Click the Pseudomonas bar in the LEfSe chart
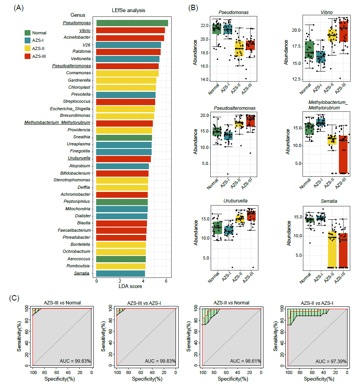pos(132,23)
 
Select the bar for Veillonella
pos(127,59)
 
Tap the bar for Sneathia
pos(124,137)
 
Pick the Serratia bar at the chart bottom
pos(120,273)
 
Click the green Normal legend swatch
pos(28,33)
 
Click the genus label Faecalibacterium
pos(74,230)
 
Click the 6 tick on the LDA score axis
pos(166,281)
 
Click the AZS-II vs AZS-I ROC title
pos(318,303)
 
